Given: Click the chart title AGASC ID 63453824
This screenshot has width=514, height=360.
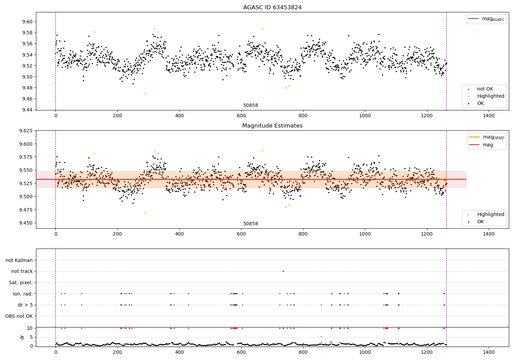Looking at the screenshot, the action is pyautogui.click(x=272, y=7).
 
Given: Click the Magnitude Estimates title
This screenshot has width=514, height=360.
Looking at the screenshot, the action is pyautogui.click(x=272, y=125).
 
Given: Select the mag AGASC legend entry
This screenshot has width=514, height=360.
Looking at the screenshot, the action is pyautogui.click(x=486, y=19).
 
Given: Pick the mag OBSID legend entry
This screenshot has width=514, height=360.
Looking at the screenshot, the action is pyautogui.click(x=487, y=137).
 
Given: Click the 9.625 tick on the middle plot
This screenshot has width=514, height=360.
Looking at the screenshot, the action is pyautogui.click(x=26, y=131).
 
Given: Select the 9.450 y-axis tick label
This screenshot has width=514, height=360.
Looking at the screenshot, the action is pyautogui.click(x=26, y=223).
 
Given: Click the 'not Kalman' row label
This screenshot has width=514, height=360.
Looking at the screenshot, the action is pyautogui.click(x=19, y=260).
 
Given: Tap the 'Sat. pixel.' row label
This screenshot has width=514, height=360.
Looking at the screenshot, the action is pyautogui.click(x=21, y=283).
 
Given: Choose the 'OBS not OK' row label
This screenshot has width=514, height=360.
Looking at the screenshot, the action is pyautogui.click(x=19, y=316).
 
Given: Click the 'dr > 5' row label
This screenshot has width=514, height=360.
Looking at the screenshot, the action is pyautogui.click(x=25, y=305).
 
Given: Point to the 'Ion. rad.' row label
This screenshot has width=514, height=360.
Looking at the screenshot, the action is pyautogui.click(x=23, y=294).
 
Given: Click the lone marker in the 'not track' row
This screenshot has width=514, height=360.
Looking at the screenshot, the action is pyautogui.click(x=283, y=272).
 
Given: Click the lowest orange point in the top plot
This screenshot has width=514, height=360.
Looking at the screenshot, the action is pyautogui.click(x=146, y=94).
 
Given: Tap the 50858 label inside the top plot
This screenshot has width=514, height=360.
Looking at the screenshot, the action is pyautogui.click(x=250, y=105).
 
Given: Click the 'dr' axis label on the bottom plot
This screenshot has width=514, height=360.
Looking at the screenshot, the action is pyautogui.click(x=22, y=337).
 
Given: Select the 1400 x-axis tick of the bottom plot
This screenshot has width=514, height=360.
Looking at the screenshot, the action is pyautogui.click(x=489, y=352).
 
